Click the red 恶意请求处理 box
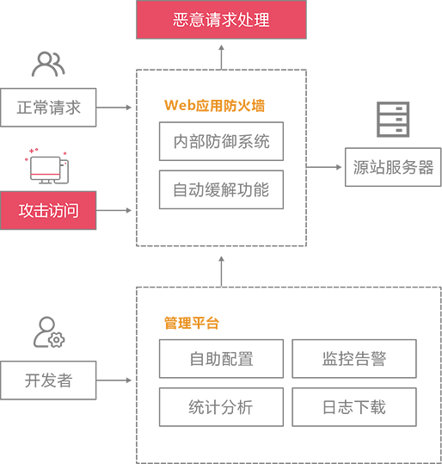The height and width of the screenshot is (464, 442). (x=221, y=20)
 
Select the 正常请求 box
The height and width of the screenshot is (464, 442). (x=48, y=108)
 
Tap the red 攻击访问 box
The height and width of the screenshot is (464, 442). (x=48, y=210)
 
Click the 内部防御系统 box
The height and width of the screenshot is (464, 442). (x=221, y=141)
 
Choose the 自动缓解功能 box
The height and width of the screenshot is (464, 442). (x=221, y=189)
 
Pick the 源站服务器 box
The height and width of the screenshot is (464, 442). (x=393, y=167)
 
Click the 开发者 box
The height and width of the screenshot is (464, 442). (x=48, y=380)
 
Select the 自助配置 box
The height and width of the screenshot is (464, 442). (x=221, y=359)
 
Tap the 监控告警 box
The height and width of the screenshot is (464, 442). (x=354, y=359)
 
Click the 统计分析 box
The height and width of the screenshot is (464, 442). (x=221, y=407)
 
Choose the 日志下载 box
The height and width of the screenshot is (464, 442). (x=354, y=407)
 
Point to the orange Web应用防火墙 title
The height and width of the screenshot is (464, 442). (x=214, y=106)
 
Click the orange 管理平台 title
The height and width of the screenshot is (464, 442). (x=192, y=323)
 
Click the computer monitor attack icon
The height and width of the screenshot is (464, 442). (x=47, y=166)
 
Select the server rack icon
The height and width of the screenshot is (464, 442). (x=393, y=120)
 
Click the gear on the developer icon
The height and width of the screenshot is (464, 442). (x=57, y=340)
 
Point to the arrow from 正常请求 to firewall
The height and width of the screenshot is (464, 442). (x=114, y=108)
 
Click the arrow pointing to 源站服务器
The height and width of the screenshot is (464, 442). (x=324, y=167)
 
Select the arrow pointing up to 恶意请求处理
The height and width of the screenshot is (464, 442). (x=222, y=58)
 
